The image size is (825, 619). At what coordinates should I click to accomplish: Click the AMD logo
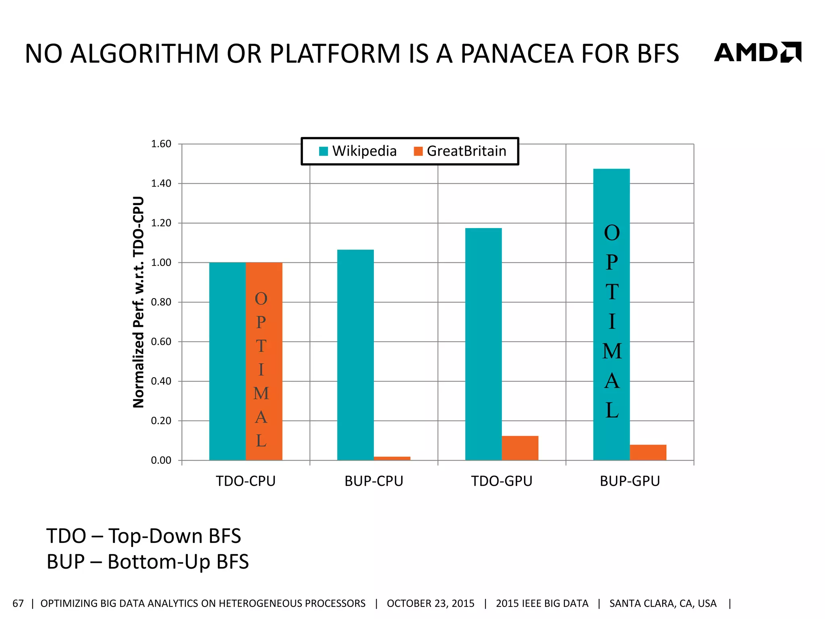pyautogui.click(x=757, y=53)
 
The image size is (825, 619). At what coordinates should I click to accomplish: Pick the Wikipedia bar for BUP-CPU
pyautogui.click(x=355, y=355)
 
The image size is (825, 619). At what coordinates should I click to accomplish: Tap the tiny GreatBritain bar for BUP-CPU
pyautogui.click(x=392, y=458)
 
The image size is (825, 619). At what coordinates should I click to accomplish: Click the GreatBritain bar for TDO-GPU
pyautogui.click(x=520, y=448)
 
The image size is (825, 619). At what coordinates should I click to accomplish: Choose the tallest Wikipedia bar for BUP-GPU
pyautogui.click(x=611, y=314)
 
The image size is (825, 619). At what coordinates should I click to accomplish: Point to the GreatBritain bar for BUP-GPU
pyautogui.click(x=648, y=453)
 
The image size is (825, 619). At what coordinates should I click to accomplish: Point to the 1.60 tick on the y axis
pyautogui.click(x=161, y=144)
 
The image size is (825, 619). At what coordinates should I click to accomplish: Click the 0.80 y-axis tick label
pyautogui.click(x=161, y=302)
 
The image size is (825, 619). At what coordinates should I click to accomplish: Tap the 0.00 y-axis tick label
pyautogui.click(x=161, y=460)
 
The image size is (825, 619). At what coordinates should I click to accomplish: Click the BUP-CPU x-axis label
pyautogui.click(x=374, y=481)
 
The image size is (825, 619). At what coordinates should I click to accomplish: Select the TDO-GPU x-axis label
pyautogui.click(x=502, y=481)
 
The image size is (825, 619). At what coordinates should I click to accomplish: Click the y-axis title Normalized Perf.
pyautogui.click(x=139, y=302)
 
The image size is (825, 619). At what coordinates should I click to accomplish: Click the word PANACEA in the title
pyautogui.click(x=517, y=54)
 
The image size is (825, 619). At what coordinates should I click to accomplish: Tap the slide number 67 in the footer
pyautogui.click(x=18, y=603)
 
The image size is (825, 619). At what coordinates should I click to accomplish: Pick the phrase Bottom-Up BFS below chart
pyautogui.click(x=178, y=562)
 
